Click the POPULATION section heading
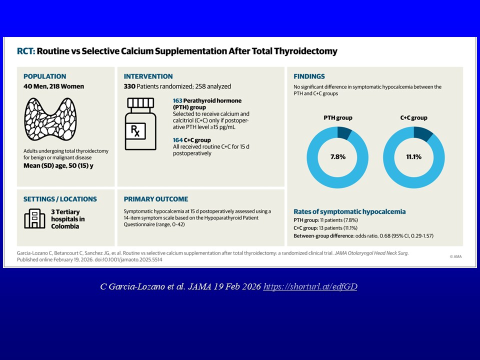click(44, 76)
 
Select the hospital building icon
click(34, 218)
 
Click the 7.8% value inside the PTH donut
click(337, 156)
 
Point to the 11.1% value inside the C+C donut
click(413, 156)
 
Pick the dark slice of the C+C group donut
click(423, 134)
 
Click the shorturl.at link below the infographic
click(310, 286)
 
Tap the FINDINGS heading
click(309, 76)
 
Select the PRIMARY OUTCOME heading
click(156, 199)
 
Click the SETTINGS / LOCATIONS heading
click(60, 199)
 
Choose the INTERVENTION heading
click(148, 76)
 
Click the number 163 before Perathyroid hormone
click(178, 101)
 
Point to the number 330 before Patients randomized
click(130, 86)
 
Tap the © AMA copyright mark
click(455, 256)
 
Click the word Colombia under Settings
click(65, 226)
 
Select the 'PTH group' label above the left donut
click(337, 118)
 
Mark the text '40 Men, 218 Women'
click(53, 86)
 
